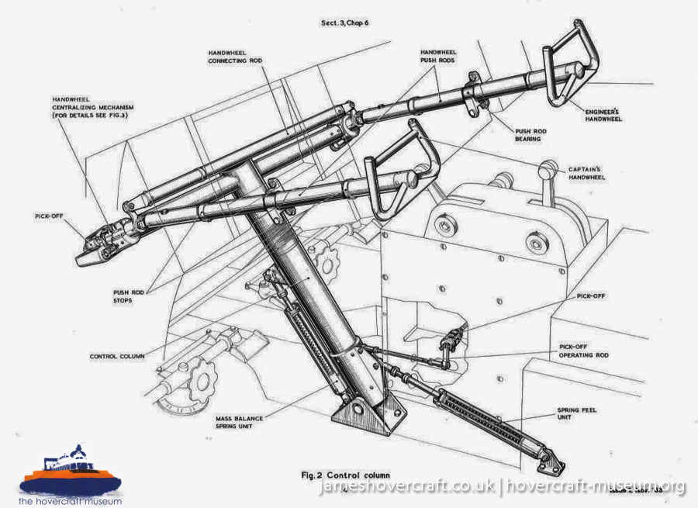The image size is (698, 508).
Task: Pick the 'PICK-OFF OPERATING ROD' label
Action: (x=584, y=351)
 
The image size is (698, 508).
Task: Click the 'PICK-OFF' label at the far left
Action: (x=48, y=216)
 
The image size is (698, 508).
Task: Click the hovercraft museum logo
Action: (x=70, y=475)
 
